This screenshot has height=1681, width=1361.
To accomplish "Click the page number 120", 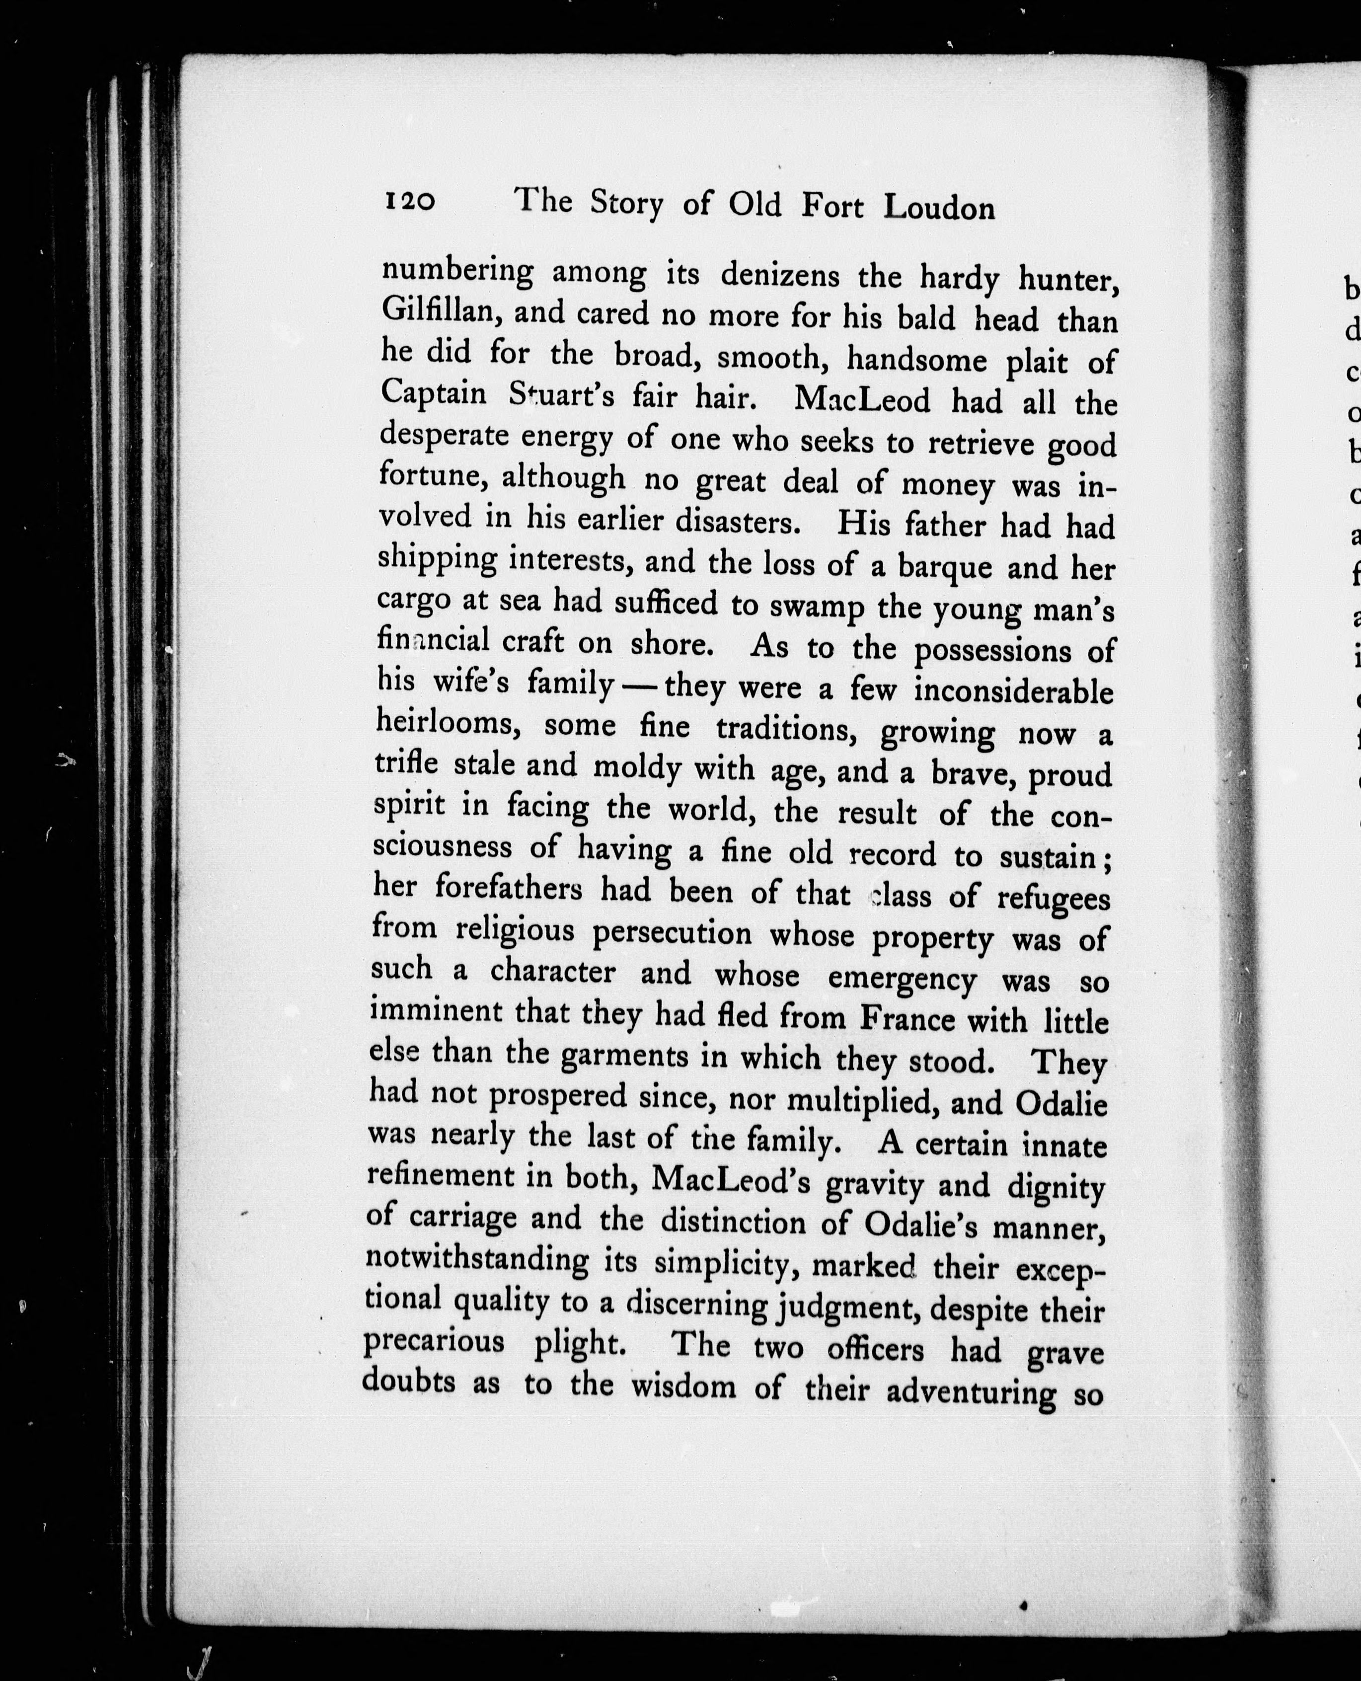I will coord(409,202).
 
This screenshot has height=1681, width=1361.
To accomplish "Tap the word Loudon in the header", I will coord(939,207).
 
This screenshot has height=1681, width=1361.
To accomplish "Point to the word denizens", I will coord(779,275).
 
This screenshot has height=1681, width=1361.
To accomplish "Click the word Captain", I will coord(434,393).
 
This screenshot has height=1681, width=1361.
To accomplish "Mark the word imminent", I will coord(436,1011).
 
